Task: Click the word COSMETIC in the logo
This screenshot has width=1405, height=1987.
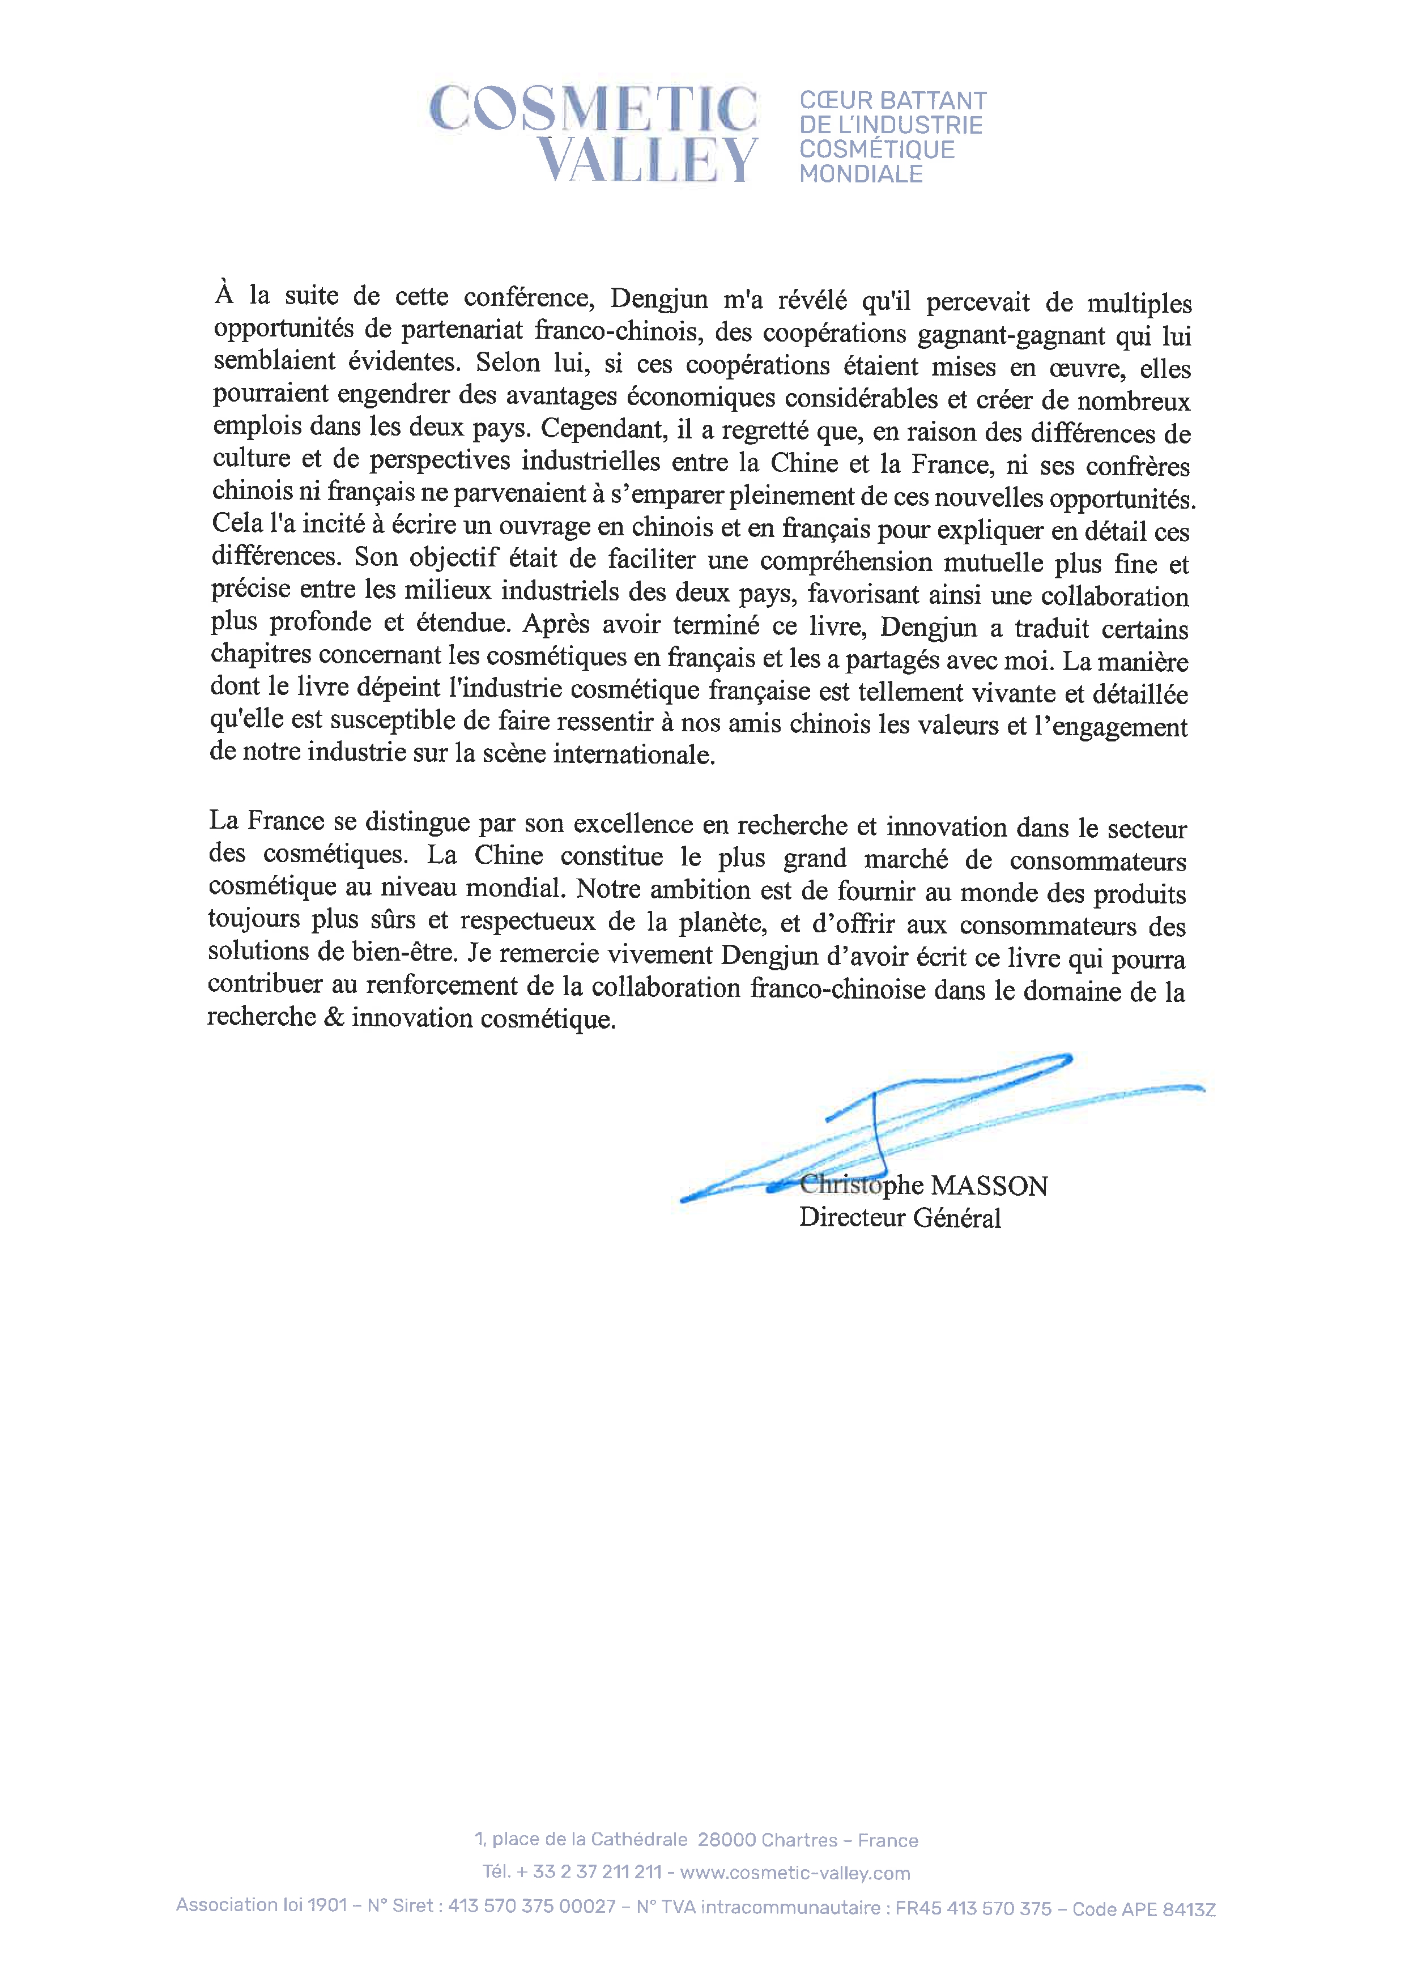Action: (593, 109)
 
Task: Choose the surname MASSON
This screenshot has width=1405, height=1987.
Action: (989, 1186)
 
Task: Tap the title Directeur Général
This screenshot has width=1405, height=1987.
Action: (900, 1218)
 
